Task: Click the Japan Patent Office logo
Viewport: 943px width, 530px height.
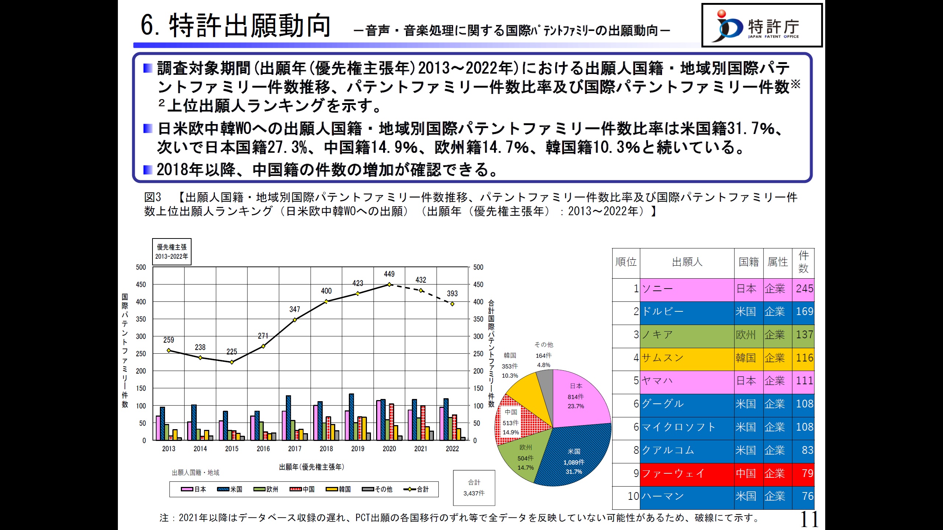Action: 761,25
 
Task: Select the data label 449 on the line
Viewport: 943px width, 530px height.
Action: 389,274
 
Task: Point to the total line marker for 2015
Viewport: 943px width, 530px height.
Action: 232,362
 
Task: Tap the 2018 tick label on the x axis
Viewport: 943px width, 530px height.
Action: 326,449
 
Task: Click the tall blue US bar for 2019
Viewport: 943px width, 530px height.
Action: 351,417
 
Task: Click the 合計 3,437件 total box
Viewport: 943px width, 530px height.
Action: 474,488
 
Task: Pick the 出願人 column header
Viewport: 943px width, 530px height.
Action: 687,262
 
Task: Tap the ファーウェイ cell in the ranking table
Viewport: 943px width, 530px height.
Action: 687,474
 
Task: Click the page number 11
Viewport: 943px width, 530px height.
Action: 809,519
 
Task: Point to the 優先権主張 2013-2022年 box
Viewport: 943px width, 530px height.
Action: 172,252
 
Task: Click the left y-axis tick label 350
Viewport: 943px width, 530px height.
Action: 141,319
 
